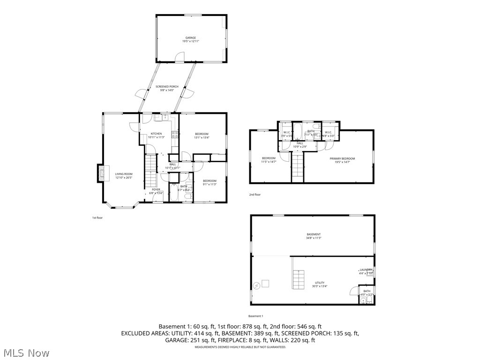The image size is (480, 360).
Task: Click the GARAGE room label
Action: coord(190,37)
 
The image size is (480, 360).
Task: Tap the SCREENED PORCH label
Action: coord(167,87)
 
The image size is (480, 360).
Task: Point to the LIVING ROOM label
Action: coord(124,174)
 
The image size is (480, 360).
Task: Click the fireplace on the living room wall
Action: coord(100,173)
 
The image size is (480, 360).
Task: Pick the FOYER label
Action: coord(156,189)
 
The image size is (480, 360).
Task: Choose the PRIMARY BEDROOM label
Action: coord(342,158)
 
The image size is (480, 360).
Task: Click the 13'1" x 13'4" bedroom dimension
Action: coord(202,138)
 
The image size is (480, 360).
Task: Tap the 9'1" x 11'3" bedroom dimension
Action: coord(210,184)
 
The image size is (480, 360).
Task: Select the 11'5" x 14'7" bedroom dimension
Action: coord(269,162)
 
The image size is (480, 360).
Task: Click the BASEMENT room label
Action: coord(314,234)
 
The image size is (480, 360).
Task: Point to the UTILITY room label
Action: coord(320,283)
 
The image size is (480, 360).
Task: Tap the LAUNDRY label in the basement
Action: coord(366,270)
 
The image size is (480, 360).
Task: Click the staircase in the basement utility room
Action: coord(298,280)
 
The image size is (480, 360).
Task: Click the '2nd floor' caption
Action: coord(255,195)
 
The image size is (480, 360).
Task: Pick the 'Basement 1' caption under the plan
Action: coord(256,316)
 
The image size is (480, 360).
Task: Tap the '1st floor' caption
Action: coord(97,217)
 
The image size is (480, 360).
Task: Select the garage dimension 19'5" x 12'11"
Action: coord(190,41)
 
